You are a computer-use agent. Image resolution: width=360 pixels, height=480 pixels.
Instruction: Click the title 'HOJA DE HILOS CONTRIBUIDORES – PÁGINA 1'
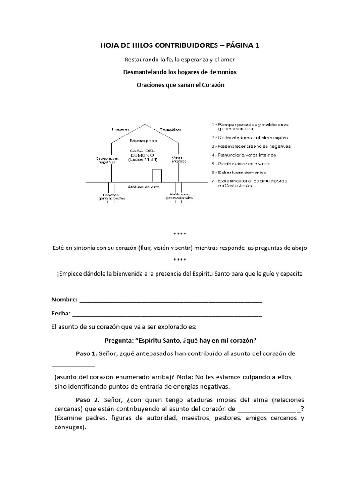tap(180, 45)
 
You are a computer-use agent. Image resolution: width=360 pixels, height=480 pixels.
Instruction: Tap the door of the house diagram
tap(157, 175)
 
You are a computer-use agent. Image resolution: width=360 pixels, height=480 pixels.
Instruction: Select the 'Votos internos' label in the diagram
tap(178, 159)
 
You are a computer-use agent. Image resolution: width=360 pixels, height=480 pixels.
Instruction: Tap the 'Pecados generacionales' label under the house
tap(112, 196)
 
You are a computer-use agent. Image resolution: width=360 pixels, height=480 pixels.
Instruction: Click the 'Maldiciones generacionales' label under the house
tap(178, 196)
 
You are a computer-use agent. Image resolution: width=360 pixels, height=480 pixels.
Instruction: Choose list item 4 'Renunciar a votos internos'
tap(243, 154)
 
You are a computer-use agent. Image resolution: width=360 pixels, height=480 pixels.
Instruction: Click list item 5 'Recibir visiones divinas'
tap(241, 164)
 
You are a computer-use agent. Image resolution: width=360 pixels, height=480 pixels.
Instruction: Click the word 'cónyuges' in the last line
tap(69, 427)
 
